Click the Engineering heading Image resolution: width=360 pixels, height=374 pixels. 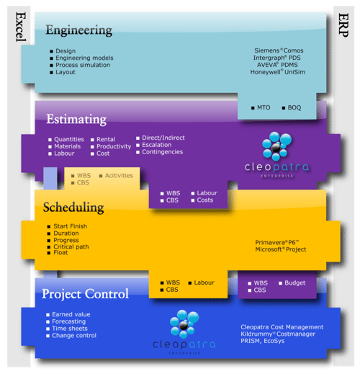[78, 30]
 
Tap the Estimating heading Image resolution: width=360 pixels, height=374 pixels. [76, 119]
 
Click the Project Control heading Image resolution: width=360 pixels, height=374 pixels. [85, 294]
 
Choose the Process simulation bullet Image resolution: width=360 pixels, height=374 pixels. [83, 65]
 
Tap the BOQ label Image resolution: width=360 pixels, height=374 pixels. [293, 107]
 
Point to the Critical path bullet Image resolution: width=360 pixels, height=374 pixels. [74, 246]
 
